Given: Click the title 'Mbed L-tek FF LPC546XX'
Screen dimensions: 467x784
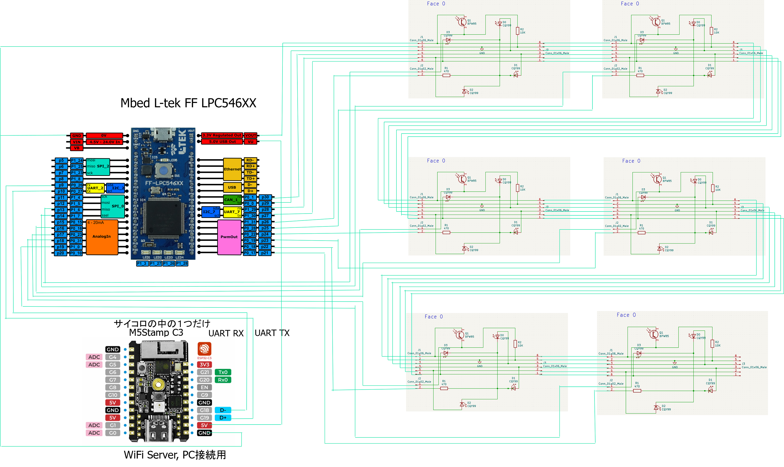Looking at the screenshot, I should pyautogui.click(x=188, y=103).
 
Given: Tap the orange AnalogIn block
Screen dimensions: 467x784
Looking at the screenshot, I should pyautogui.click(x=102, y=237).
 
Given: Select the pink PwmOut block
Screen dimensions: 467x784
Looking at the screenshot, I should pyautogui.click(x=229, y=237).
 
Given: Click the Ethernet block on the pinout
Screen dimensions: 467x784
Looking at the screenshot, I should pyautogui.click(x=232, y=169).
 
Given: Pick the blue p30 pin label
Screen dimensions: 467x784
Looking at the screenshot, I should pyautogui.click(x=265, y=197).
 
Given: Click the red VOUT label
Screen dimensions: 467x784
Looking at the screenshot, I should pyautogui.click(x=251, y=135).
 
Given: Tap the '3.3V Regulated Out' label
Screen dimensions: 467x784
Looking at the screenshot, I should pyautogui.click(x=222, y=135).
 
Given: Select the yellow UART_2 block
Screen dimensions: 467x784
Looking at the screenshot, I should pyautogui.click(x=95, y=188).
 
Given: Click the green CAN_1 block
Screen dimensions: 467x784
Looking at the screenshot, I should pyautogui.click(x=231, y=200).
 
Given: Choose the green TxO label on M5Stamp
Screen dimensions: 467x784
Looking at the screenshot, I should pyautogui.click(x=223, y=372).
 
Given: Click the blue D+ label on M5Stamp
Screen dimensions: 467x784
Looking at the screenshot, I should pyautogui.click(x=223, y=418).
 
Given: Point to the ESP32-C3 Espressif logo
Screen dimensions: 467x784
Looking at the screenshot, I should pyautogui.click(x=204, y=349).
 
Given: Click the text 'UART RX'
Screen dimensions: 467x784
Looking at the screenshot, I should pyautogui.click(x=226, y=333).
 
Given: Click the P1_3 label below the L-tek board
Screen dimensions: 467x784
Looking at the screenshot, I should pyautogui.click(x=142, y=264).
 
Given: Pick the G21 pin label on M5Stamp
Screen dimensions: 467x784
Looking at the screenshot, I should pyautogui.click(x=204, y=372).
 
